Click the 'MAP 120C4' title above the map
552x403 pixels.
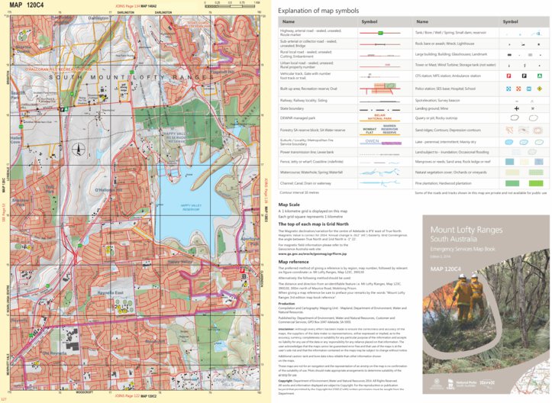coord(27,5)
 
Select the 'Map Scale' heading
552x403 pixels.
coord(289,205)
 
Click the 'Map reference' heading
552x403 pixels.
coord(294,262)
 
